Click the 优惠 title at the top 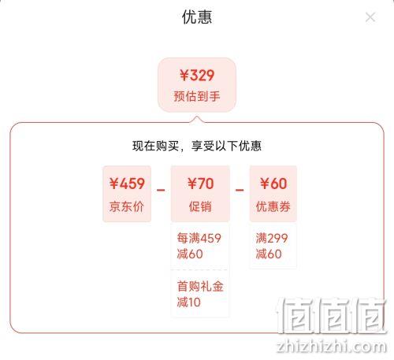pos(197,17)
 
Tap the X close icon pos(370,17)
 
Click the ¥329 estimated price pos(197,76)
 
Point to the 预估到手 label pos(197,96)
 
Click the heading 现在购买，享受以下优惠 pos(197,146)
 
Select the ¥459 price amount pos(127,184)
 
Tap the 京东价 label pos(127,206)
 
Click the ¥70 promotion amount pos(200,184)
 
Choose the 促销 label pos(200,206)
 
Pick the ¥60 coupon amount pos(273,184)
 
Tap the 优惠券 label pos(273,206)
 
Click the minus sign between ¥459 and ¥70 pos(161,190)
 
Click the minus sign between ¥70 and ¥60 pos(240,190)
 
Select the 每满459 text pos(199,238)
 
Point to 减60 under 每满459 pos(190,254)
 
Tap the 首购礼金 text pos(200,286)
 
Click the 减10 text pos(188,302)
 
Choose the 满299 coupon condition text pos(272,238)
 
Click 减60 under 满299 pos(269,254)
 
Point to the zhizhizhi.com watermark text pos(332,346)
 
